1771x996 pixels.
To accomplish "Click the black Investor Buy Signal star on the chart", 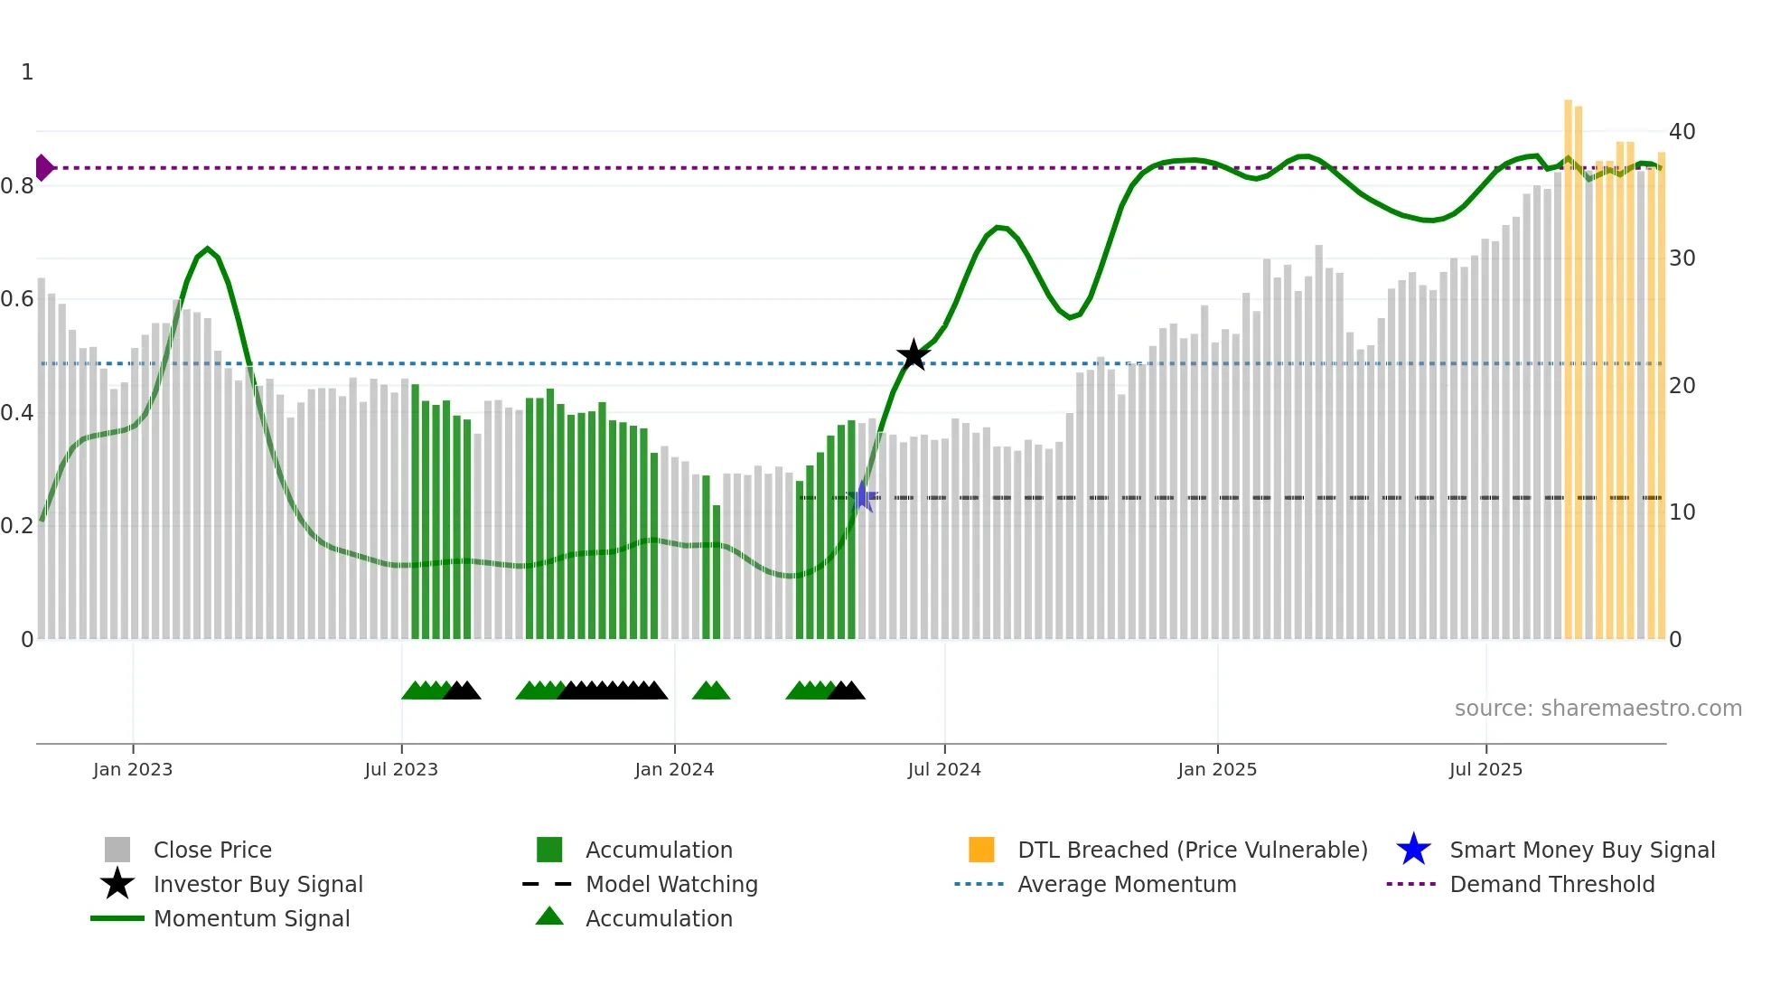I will click(914, 355).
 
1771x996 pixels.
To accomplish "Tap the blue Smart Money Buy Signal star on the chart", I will click(863, 496).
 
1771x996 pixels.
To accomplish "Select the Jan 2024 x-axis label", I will click(674, 769).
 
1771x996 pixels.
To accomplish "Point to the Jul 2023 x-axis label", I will click(401, 769).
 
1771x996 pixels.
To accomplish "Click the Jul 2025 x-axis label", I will click(1485, 769).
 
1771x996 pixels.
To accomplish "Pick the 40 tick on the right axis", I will click(1682, 132).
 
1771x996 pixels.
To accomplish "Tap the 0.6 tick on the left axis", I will click(17, 299).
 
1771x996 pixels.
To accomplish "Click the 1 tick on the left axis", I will click(27, 72).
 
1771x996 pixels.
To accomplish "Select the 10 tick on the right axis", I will click(1682, 512).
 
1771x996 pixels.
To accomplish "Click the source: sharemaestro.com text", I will click(1598, 709).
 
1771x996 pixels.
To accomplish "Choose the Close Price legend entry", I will click(212, 850).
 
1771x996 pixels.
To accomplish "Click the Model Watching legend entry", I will click(671, 884).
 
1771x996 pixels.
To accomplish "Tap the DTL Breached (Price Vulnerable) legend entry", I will click(1192, 850).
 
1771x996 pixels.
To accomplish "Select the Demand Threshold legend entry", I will click(1551, 884).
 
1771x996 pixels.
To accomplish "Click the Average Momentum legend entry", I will click(1127, 884).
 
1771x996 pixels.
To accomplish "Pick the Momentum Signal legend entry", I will click(251, 918).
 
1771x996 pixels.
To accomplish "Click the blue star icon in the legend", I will click(1413, 850).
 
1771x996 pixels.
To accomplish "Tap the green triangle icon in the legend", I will click(549, 916).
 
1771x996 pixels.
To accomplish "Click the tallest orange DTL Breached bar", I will click(1569, 362).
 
